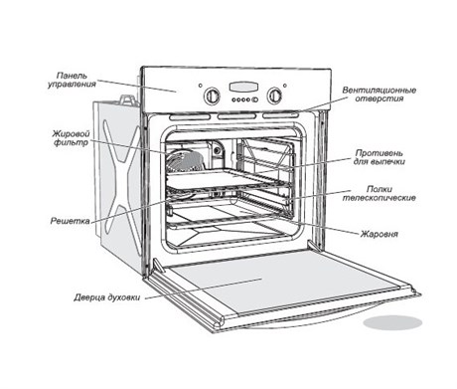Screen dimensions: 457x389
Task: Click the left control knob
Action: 211,96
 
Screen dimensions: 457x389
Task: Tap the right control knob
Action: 274,96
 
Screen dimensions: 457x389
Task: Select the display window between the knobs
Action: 243,87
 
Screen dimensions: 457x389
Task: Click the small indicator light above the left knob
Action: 201,86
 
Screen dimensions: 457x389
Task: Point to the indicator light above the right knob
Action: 285,86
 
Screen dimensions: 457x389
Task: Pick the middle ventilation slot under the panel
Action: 236,116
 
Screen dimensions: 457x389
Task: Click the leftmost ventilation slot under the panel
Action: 190,116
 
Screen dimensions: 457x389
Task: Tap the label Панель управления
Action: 72,80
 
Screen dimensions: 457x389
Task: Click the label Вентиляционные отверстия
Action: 380,95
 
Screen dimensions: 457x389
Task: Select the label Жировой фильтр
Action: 72,138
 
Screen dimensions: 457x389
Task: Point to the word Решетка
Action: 70,221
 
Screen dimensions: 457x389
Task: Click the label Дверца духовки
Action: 107,297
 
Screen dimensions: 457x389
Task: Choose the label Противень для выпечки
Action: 380,157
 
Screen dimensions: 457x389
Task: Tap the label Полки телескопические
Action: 380,194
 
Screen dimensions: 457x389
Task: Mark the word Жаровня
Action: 380,234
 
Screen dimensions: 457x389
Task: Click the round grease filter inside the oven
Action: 184,161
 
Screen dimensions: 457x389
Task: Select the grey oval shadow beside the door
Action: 392,322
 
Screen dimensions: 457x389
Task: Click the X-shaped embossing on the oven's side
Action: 121,176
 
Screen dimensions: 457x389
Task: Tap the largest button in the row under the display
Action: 254,99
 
